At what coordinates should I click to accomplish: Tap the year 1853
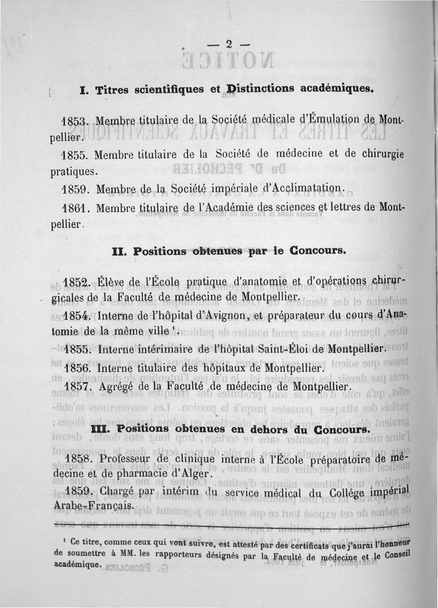point(76,120)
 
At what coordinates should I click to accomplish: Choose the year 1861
point(77,208)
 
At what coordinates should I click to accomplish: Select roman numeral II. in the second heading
point(120,252)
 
